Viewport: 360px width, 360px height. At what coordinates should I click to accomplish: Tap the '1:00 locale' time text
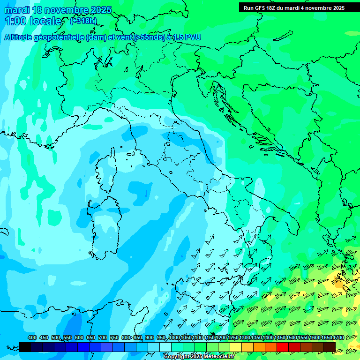[x=33, y=21]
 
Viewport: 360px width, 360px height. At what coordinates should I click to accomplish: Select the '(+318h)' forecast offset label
[x=83, y=21]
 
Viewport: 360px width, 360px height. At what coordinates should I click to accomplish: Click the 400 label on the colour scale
[x=32, y=337]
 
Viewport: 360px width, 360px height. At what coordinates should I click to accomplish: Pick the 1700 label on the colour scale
[x=338, y=337]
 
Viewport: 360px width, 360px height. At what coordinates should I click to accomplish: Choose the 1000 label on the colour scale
[x=174, y=337]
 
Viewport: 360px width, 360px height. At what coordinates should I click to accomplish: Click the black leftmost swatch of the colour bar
[x=25, y=346]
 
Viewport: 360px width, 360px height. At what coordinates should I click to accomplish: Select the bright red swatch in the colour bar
[x=283, y=346]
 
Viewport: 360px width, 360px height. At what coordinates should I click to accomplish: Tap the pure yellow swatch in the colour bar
[x=236, y=346]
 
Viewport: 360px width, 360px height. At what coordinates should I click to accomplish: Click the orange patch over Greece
[x=338, y=282]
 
